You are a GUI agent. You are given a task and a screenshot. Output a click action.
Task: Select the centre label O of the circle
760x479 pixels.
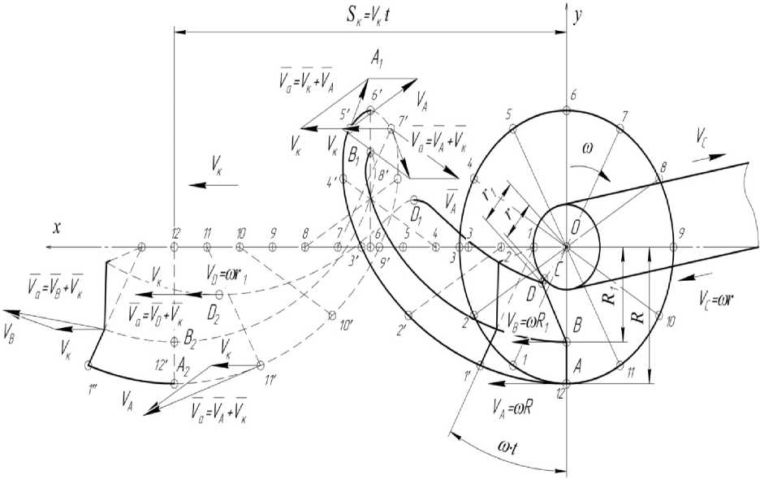click(575, 230)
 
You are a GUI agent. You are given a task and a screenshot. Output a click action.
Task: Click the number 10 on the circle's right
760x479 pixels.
click(671, 321)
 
